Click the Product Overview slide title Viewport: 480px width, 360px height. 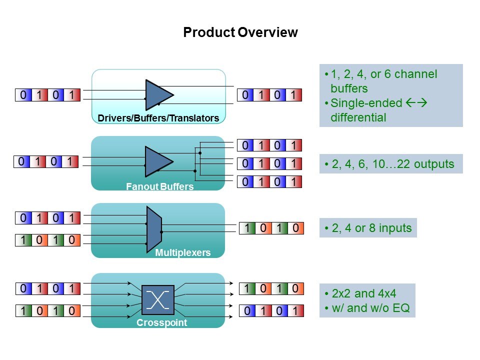click(x=240, y=33)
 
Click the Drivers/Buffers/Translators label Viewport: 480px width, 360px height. click(x=158, y=118)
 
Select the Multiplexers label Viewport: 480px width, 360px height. click(x=182, y=253)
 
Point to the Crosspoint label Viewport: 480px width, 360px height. click(x=161, y=322)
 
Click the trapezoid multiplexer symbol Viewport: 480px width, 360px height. click(x=153, y=228)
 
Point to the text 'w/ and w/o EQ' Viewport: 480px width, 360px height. click(x=370, y=308)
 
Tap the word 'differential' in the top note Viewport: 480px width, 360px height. click(x=358, y=118)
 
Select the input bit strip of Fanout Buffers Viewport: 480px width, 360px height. click(x=46, y=161)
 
